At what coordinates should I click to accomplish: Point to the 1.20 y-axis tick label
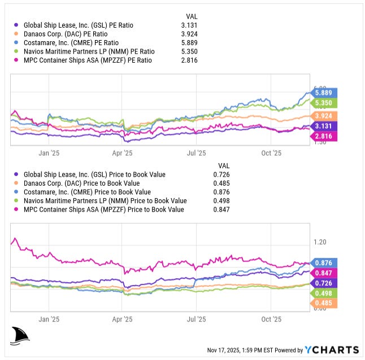coord(320,242)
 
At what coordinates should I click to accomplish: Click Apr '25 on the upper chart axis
coord(122,153)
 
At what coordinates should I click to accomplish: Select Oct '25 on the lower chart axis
coord(271,319)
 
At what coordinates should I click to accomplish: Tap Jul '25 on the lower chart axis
coord(196,319)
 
